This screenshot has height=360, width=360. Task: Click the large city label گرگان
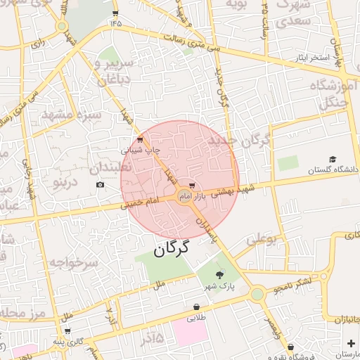[x=172, y=248]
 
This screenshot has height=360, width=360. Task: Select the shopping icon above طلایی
[x=195, y=307]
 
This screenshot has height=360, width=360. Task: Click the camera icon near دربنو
[x=100, y=184]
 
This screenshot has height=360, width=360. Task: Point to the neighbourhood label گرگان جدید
[x=238, y=141]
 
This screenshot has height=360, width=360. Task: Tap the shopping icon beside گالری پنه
[x=67, y=330]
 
